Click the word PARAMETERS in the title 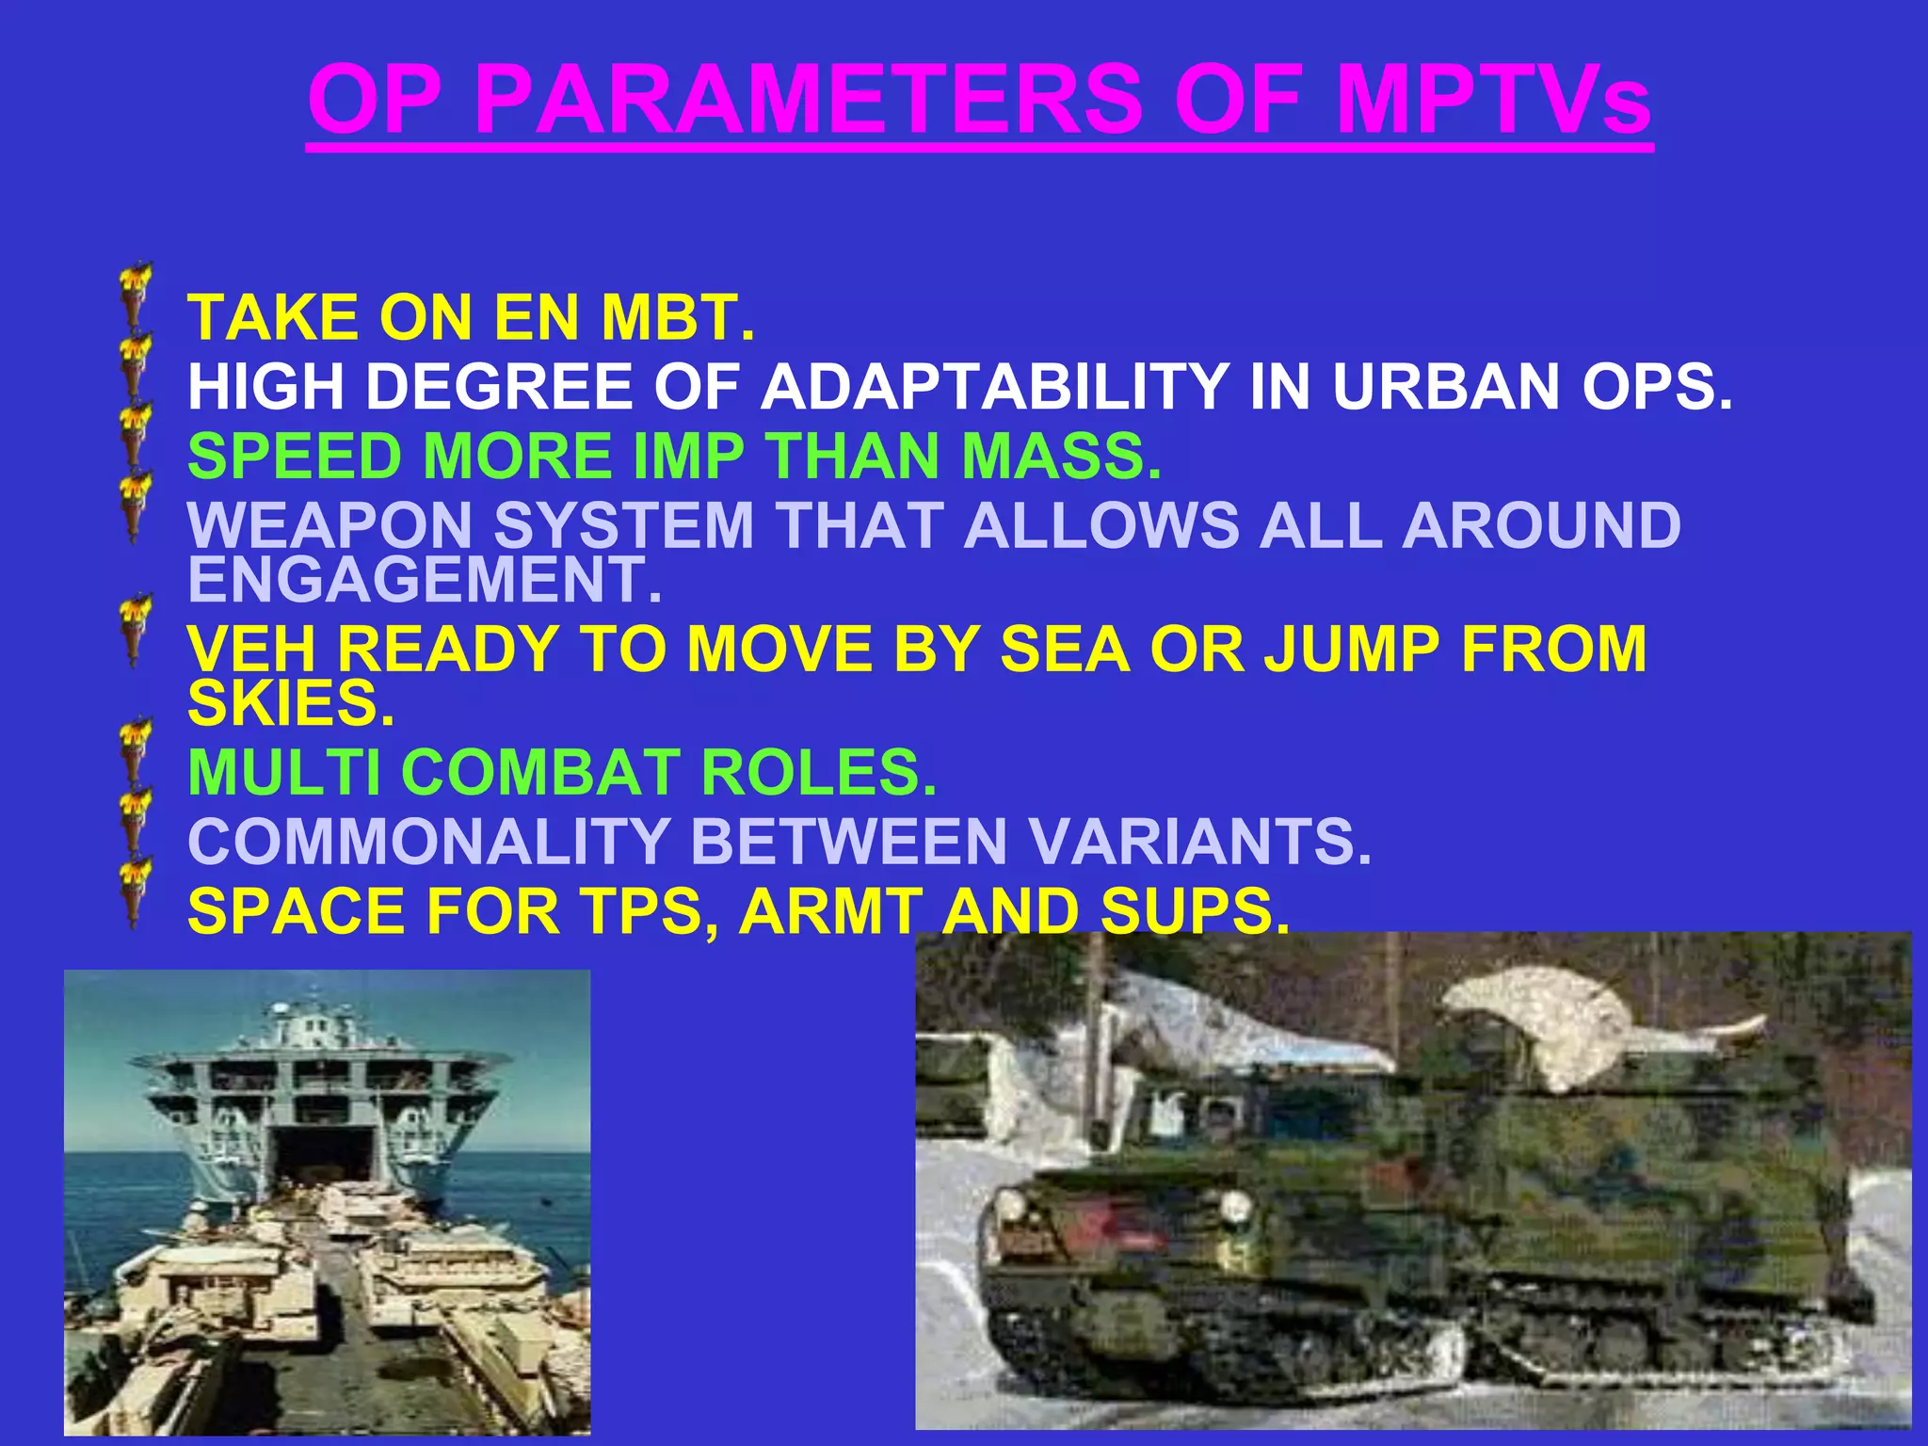pyautogui.click(x=808, y=100)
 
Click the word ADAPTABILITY pyautogui.click(x=994, y=387)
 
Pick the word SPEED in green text pyautogui.click(x=296, y=457)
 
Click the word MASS pyautogui.click(x=1062, y=457)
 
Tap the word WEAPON pyautogui.click(x=329, y=525)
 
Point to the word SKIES pyautogui.click(x=290, y=704)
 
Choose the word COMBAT pyautogui.click(x=540, y=773)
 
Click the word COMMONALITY pyautogui.click(x=428, y=842)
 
